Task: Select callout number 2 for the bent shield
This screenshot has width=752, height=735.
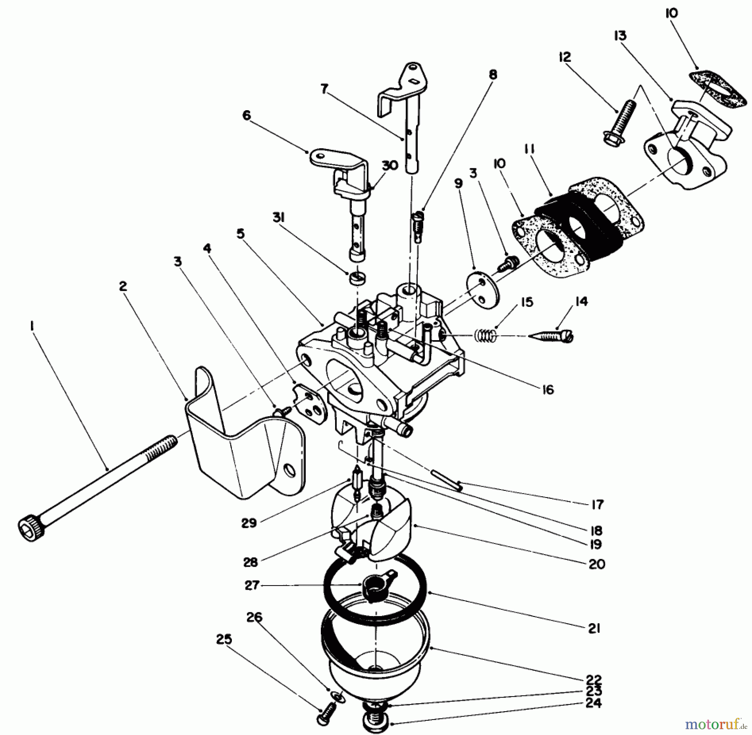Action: coord(122,286)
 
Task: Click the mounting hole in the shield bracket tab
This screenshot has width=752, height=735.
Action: coord(288,471)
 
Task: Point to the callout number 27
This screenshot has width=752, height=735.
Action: coord(252,586)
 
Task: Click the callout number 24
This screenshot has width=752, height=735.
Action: coord(594,703)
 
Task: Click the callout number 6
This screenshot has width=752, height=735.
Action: coord(246,115)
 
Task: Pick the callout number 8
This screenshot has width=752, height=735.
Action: coord(493,75)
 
